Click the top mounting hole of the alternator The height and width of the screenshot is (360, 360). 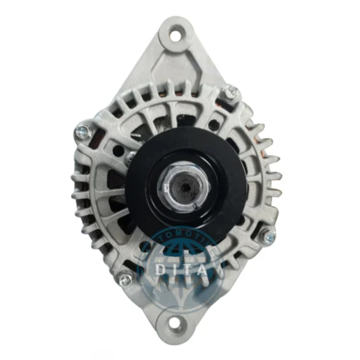(175, 35)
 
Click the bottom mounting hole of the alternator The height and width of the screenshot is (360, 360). (175, 323)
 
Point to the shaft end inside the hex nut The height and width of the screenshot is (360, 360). (182, 187)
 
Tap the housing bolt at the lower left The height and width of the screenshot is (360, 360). (125, 278)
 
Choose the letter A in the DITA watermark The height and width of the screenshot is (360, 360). (205, 269)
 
